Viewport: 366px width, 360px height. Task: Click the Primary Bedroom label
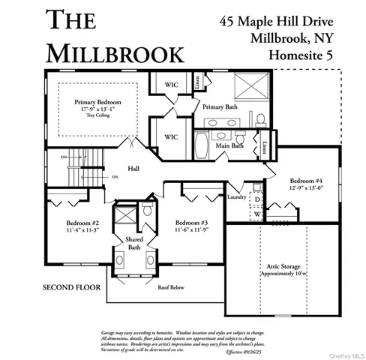(x=97, y=101)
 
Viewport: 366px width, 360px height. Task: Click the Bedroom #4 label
(x=306, y=181)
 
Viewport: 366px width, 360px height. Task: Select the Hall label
(x=133, y=169)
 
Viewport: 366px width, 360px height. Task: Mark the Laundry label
(x=237, y=197)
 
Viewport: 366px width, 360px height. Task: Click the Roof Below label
(x=171, y=286)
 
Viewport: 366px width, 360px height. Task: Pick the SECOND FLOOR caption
(x=72, y=287)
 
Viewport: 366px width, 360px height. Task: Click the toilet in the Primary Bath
(x=259, y=118)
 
